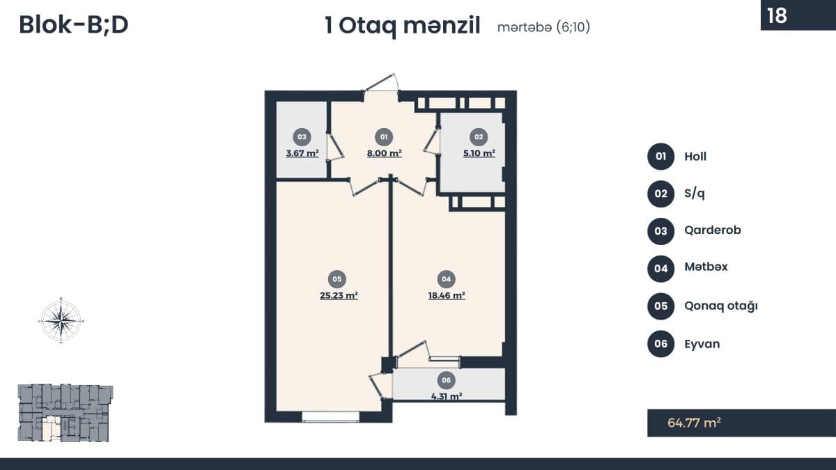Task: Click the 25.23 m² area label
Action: pyautogui.click(x=339, y=295)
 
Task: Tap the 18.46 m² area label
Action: pyautogui.click(x=447, y=295)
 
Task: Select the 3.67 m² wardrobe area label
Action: pyautogui.click(x=302, y=153)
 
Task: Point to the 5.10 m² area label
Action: pyautogui.click(x=479, y=153)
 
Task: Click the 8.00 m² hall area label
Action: pyautogui.click(x=385, y=153)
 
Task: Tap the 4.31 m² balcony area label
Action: pyautogui.click(x=447, y=396)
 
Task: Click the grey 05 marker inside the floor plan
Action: pyautogui.click(x=337, y=279)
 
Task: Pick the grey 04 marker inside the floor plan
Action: pyautogui.click(x=447, y=279)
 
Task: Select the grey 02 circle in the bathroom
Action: pyautogui.click(x=479, y=137)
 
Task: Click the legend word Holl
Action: pyautogui.click(x=695, y=156)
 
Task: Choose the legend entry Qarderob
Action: pyautogui.click(x=713, y=230)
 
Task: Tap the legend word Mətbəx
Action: pyautogui.click(x=706, y=267)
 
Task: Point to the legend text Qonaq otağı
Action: pyautogui.click(x=721, y=306)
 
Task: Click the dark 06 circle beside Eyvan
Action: pyautogui.click(x=660, y=343)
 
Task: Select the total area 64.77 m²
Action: pyautogui.click(x=694, y=423)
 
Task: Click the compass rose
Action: pyautogui.click(x=61, y=320)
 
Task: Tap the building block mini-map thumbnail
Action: pyautogui.click(x=65, y=413)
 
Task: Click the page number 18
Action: pyautogui.click(x=777, y=15)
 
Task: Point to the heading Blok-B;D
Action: pyautogui.click(x=74, y=25)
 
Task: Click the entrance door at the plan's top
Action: pyautogui.click(x=380, y=82)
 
